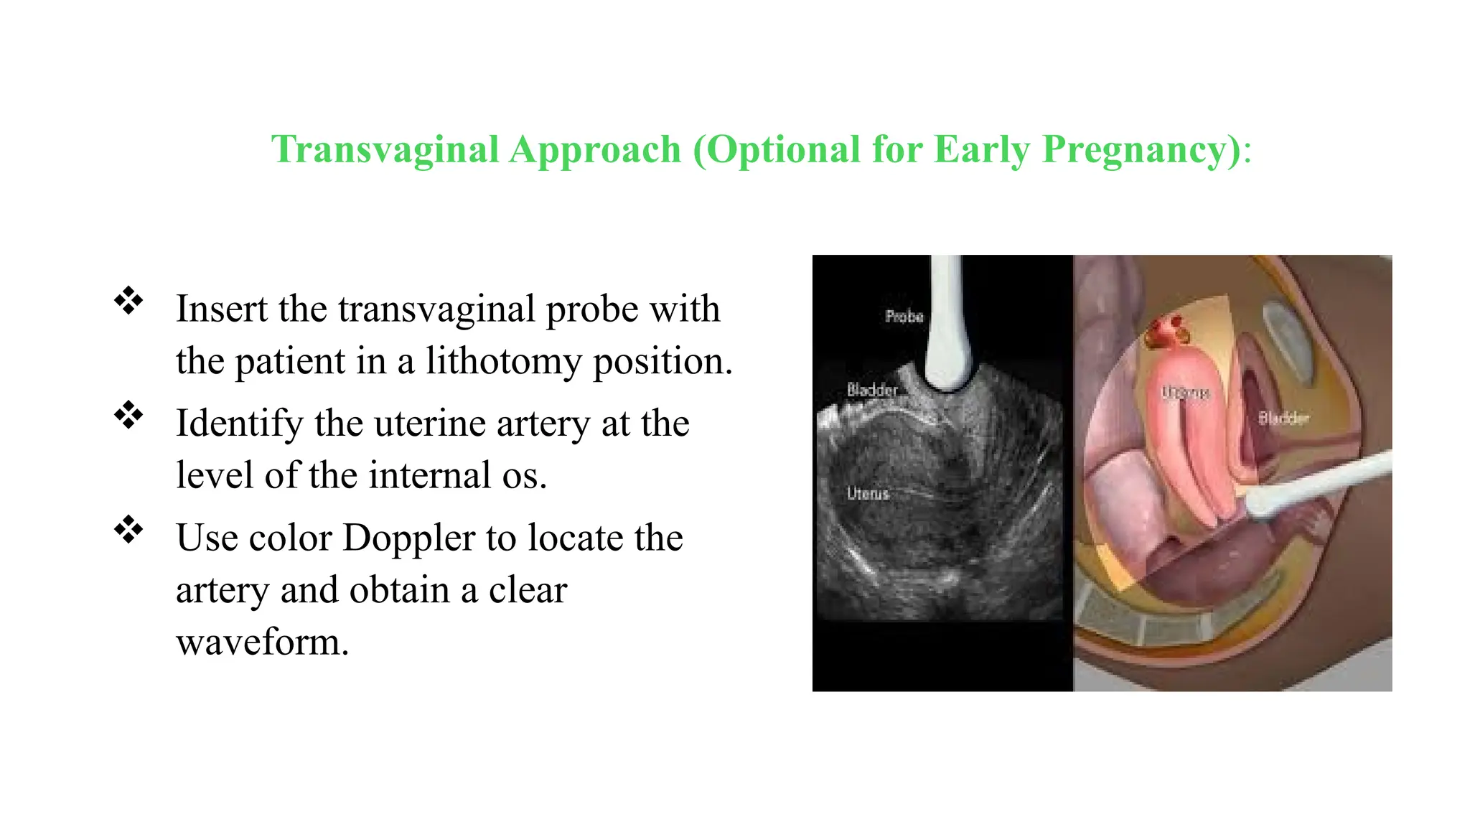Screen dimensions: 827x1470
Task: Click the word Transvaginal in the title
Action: coord(385,149)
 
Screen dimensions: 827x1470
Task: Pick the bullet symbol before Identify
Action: coord(128,415)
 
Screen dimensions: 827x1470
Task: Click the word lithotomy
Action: coord(503,360)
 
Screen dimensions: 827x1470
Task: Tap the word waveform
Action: coord(262,641)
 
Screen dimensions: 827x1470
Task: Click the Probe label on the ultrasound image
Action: coord(904,316)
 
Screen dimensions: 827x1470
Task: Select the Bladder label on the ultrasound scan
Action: coord(871,390)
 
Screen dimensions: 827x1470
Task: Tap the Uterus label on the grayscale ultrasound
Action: coord(868,494)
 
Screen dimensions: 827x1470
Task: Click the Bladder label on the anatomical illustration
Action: coord(1283,418)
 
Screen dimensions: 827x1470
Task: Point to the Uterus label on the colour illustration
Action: coord(1186,393)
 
